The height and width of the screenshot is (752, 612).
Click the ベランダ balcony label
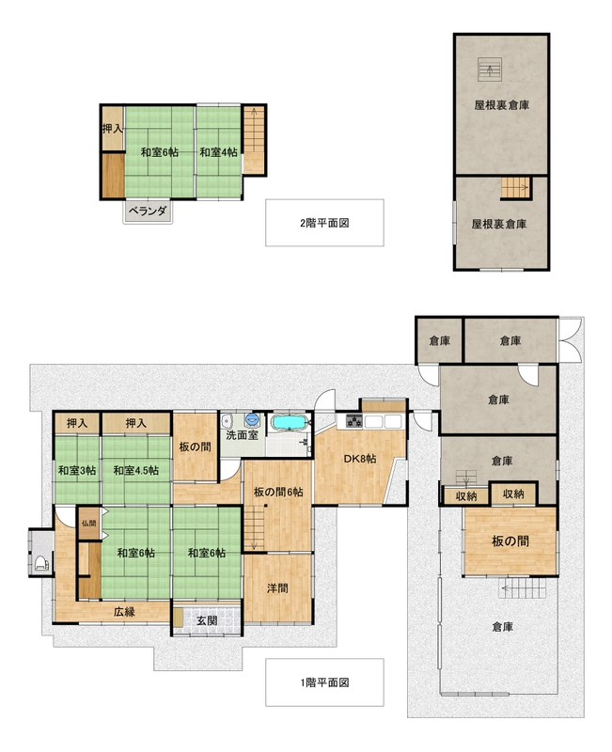[x=149, y=211]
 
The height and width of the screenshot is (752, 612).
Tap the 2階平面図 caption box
[x=324, y=223]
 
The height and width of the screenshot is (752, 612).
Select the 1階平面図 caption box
[x=324, y=682]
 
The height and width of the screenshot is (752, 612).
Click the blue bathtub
[x=290, y=423]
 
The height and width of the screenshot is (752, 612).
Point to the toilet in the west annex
[x=42, y=562]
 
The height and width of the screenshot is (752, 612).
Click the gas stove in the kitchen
[x=354, y=421]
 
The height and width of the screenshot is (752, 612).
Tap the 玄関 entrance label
[x=207, y=620]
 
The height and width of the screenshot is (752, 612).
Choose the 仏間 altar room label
[x=88, y=523]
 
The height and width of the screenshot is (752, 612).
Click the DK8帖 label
[x=360, y=459]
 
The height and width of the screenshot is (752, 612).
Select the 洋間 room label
[x=277, y=588]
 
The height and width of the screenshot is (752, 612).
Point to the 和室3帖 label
[x=77, y=471]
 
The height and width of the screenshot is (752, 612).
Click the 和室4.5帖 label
[x=135, y=471]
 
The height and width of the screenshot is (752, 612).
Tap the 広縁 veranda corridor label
[x=124, y=612]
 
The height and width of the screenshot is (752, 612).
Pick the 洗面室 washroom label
[x=243, y=435]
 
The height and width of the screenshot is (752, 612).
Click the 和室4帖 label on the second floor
[x=218, y=152]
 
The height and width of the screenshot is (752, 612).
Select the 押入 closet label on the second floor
[x=112, y=129]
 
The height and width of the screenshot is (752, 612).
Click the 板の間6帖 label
[x=278, y=492]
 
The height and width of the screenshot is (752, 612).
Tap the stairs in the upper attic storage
[x=490, y=70]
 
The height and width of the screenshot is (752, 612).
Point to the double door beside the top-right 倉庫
[x=570, y=341]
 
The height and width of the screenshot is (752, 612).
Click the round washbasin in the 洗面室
[x=252, y=420]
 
